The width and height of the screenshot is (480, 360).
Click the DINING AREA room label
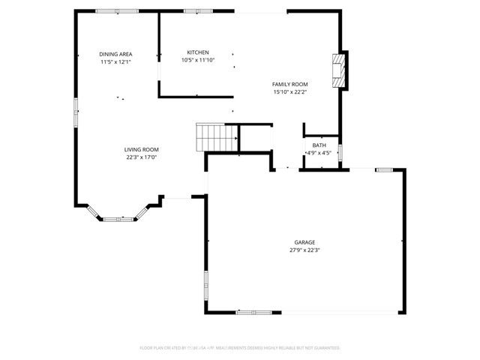115,54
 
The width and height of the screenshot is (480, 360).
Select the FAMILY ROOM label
290,84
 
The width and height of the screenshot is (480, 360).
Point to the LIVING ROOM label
142,149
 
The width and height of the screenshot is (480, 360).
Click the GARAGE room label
304,242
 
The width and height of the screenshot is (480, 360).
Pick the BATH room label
319,145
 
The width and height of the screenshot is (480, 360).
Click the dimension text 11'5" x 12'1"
115,62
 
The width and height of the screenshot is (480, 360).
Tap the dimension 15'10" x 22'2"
290,92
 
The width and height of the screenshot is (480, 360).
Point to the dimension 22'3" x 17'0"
142,157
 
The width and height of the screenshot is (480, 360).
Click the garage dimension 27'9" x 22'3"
304,250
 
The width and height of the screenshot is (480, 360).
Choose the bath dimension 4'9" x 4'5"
319,153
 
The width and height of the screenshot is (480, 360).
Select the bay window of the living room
117,218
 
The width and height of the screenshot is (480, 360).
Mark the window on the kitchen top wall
197,11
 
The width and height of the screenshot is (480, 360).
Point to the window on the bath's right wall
341,152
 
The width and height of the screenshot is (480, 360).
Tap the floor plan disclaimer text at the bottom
240,348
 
